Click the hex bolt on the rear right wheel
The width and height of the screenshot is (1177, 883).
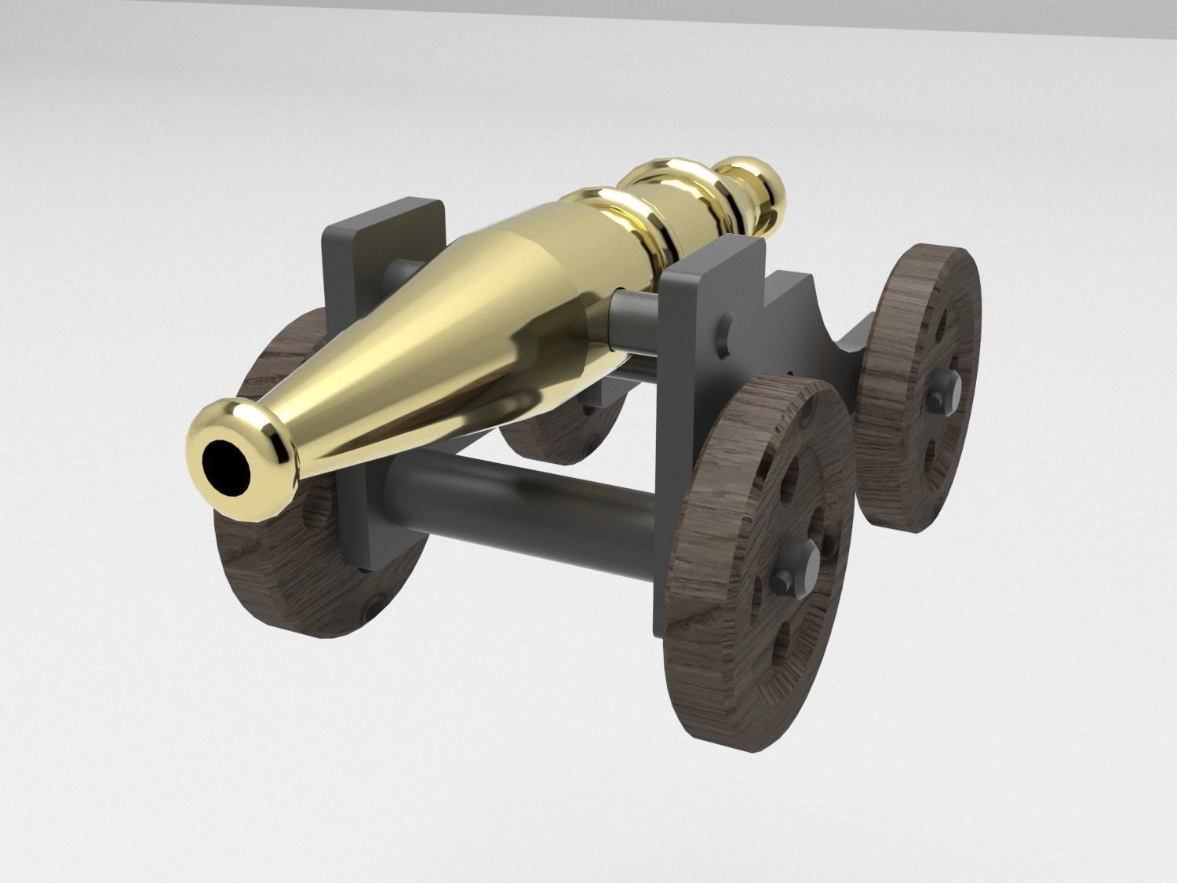click(x=938, y=400)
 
